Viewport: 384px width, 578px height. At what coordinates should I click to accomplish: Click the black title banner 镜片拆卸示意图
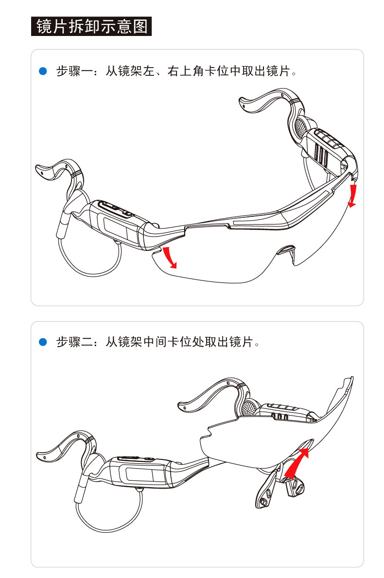91,26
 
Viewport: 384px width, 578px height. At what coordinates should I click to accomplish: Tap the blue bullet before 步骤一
43,71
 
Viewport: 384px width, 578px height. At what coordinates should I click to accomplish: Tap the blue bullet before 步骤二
43,342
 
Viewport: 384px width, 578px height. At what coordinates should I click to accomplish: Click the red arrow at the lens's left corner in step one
170,257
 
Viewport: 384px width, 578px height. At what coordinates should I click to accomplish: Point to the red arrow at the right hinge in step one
353,196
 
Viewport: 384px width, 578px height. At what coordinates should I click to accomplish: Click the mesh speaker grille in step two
249,408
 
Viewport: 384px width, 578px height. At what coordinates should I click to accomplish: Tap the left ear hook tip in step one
40,170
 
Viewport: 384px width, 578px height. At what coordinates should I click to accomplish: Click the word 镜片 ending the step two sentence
241,342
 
